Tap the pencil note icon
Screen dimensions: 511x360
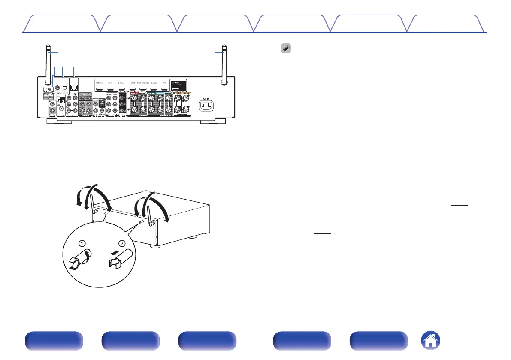[x=286, y=49]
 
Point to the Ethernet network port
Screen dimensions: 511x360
[x=74, y=88]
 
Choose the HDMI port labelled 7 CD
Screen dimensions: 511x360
[x=164, y=88]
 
